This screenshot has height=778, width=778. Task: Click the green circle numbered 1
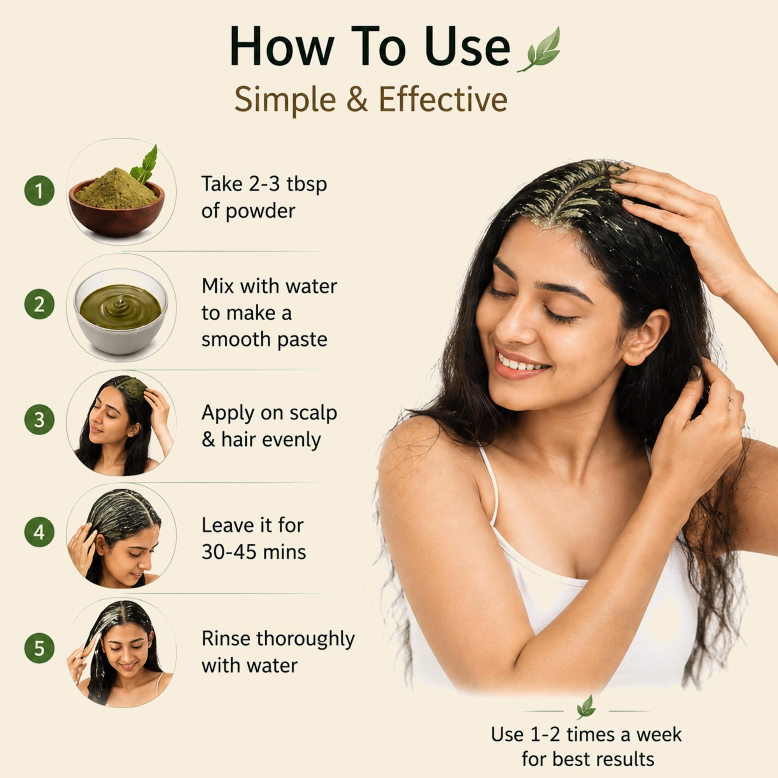(x=39, y=191)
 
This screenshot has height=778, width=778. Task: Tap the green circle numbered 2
(x=39, y=304)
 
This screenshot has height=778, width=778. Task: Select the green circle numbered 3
(x=39, y=420)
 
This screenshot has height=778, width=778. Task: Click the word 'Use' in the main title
(x=467, y=47)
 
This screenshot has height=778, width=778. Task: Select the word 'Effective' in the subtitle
(x=443, y=99)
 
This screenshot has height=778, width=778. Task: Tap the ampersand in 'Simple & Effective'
(x=357, y=100)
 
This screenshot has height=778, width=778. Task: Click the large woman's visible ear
(x=645, y=336)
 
